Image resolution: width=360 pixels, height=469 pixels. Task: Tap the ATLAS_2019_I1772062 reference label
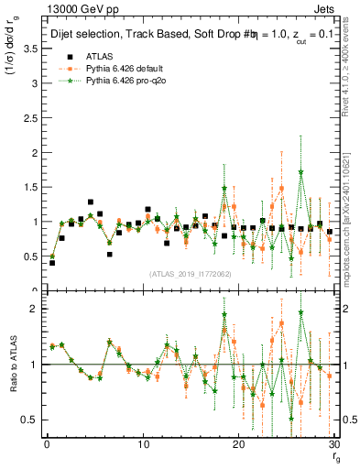(x=190, y=274)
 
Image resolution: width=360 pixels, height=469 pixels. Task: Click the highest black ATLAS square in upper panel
(x=91, y=202)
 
